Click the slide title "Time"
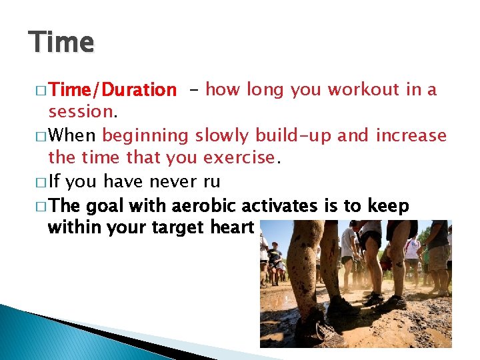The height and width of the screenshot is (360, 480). click(61, 42)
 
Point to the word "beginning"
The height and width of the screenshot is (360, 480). click(145, 136)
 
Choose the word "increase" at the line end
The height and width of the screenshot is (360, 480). click(411, 136)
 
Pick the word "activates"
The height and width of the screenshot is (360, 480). click(274, 205)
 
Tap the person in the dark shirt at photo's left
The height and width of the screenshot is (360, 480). click(273, 257)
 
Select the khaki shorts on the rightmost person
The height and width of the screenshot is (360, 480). click(439, 257)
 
